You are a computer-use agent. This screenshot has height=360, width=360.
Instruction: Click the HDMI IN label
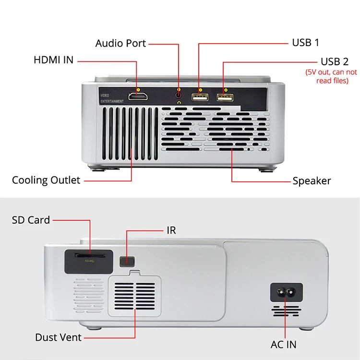click(53, 60)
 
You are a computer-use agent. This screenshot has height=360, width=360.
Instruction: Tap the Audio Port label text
click(120, 43)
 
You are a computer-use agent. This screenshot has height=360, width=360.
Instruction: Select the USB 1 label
click(306, 43)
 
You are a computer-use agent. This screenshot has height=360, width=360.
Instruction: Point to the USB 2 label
click(335, 62)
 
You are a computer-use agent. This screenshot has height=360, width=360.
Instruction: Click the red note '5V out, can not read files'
click(332, 76)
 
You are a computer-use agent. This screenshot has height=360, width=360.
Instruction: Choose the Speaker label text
click(312, 181)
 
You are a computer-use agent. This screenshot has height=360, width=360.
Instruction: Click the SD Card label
click(31, 220)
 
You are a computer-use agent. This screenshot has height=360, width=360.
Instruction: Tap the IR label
click(171, 230)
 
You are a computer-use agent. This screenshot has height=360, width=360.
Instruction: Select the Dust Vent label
click(58, 337)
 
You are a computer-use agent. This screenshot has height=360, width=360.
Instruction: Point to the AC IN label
click(283, 344)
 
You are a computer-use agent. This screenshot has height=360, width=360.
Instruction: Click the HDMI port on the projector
click(138, 97)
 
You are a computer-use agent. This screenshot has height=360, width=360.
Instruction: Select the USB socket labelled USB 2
click(225, 97)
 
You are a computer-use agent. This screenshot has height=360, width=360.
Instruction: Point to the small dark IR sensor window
click(127, 261)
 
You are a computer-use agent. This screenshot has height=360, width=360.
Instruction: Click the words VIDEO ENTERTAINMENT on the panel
click(112, 98)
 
